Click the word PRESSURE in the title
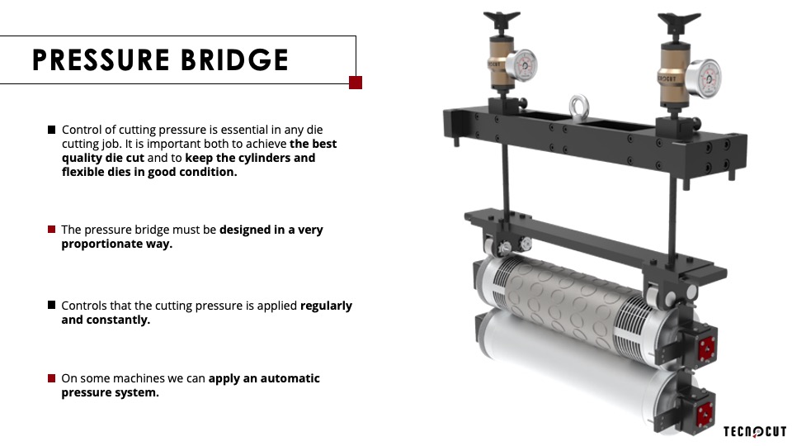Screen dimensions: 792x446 (x=101, y=59)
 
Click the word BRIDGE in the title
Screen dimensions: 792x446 (x=235, y=59)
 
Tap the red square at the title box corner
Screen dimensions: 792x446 (x=356, y=83)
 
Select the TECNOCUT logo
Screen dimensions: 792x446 (x=755, y=431)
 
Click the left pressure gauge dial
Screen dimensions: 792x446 (x=521, y=64)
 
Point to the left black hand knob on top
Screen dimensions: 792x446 (x=502, y=21)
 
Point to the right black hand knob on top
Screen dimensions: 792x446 (x=679, y=23)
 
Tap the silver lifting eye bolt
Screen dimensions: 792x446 (x=579, y=107)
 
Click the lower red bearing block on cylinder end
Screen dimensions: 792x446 (x=705, y=414)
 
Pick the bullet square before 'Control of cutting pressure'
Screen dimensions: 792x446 (x=51, y=130)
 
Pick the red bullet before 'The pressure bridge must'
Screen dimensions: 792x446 (x=51, y=229)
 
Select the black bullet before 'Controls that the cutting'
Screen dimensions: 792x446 (x=51, y=305)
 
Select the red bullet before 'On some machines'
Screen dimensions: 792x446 (x=51, y=377)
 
